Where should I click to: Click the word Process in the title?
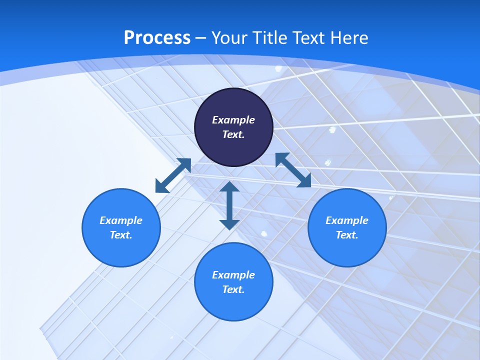[157, 38]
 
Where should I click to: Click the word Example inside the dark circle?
[233, 120]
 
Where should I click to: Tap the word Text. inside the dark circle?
[233, 134]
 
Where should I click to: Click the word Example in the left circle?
[121, 220]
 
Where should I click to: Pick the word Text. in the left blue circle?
[121, 235]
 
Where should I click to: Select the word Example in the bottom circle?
[233, 275]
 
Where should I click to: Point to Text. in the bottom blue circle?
[233, 289]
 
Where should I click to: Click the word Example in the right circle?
[347, 220]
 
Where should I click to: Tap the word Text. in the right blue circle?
[347, 235]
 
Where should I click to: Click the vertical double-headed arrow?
[229, 205]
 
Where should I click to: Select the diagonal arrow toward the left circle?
[173, 175]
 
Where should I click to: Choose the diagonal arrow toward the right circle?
[293, 170]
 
